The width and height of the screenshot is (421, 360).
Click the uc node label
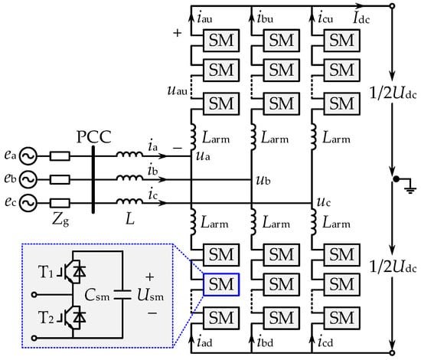click(323, 201)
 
